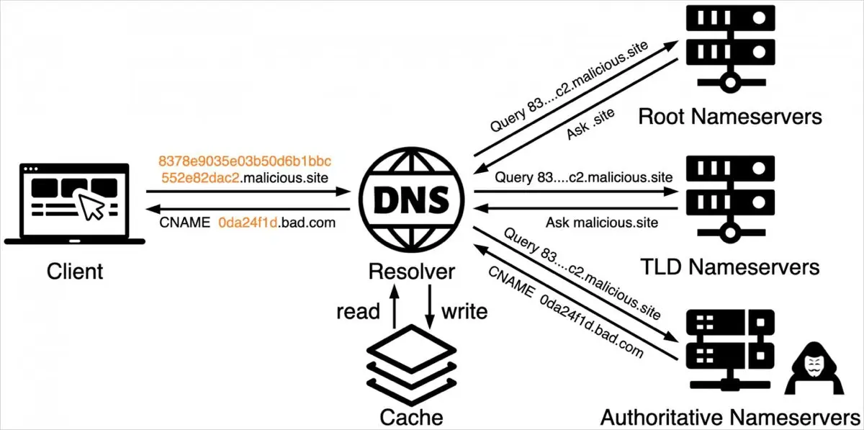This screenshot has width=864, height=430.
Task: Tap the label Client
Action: coord(75,272)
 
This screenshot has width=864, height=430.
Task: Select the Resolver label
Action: coord(411,272)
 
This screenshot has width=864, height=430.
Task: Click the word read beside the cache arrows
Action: coord(358,311)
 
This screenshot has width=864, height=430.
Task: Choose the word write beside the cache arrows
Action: coord(464,311)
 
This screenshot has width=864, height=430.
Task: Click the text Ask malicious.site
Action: coord(601,223)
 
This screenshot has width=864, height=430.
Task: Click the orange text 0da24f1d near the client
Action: coord(248,223)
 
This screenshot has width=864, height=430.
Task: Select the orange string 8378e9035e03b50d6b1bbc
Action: coord(244,160)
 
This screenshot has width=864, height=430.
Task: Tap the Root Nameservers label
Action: coord(730,116)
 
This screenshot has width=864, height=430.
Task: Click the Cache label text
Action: coord(411,417)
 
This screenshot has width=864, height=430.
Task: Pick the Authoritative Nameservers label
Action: coord(729,417)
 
